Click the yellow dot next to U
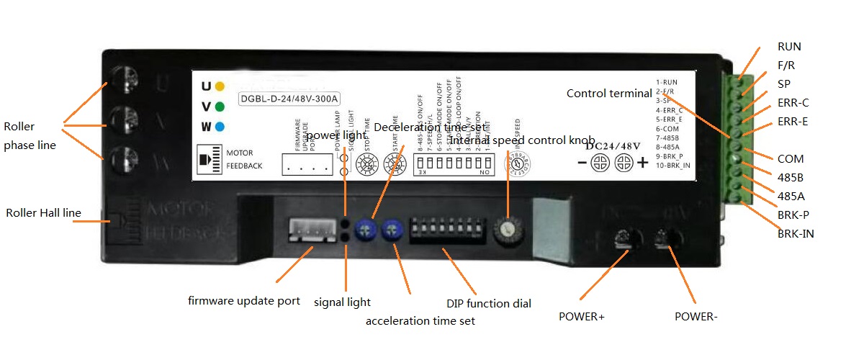(x=220, y=86)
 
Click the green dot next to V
(x=220, y=107)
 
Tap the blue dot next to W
(x=220, y=127)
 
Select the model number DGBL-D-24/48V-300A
(x=289, y=99)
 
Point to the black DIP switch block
(x=441, y=230)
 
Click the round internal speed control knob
(x=509, y=229)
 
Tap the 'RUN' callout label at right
(x=789, y=47)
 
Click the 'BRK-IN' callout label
(x=796, y=233)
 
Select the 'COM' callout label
(x=790, y=158)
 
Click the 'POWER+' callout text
(x=581, y=316)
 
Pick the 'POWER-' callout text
(x=696, y=316)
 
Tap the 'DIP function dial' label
(x=490, y=304)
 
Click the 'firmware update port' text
(x=244, y=300)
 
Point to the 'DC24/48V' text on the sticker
(x=613, y=145)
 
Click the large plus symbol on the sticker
(x=642, y=164)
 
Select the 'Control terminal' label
(x=608, y=93)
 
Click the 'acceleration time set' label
(x=420, y=320)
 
